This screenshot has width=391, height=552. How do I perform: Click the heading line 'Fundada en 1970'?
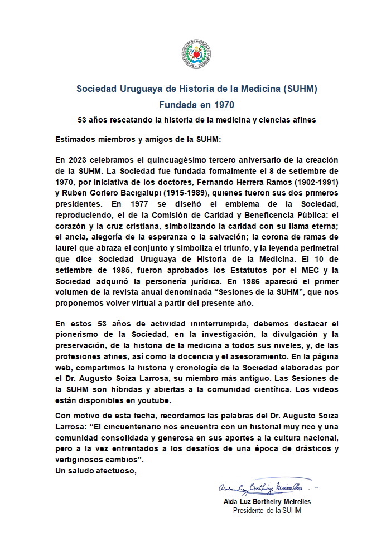pyautogui.click(x=195, y=104)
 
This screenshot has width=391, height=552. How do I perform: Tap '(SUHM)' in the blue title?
pyautogui.click(x=299, y=89)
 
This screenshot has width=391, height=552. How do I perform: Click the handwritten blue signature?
pyautogui.click(x=260, y=488)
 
